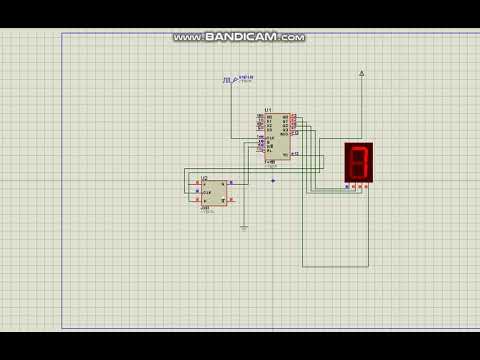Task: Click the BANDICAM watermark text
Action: (239, 37)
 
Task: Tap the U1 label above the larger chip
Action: (267, 110)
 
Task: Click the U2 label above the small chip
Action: (204, 178)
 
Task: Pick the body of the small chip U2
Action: (213, 191)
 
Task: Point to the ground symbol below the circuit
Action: (243, 228)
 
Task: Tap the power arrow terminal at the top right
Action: (361, 73)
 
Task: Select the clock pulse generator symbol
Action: (228, 79)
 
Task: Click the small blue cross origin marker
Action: (273, 181)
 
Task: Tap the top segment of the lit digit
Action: (360, 149)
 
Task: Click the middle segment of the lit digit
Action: (360, 162)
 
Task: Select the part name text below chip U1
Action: (272, 165)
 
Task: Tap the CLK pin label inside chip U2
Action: (205, 192)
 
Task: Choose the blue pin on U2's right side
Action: (231, 183)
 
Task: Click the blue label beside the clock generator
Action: (245, 78)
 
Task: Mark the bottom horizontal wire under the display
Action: (338, 267)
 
